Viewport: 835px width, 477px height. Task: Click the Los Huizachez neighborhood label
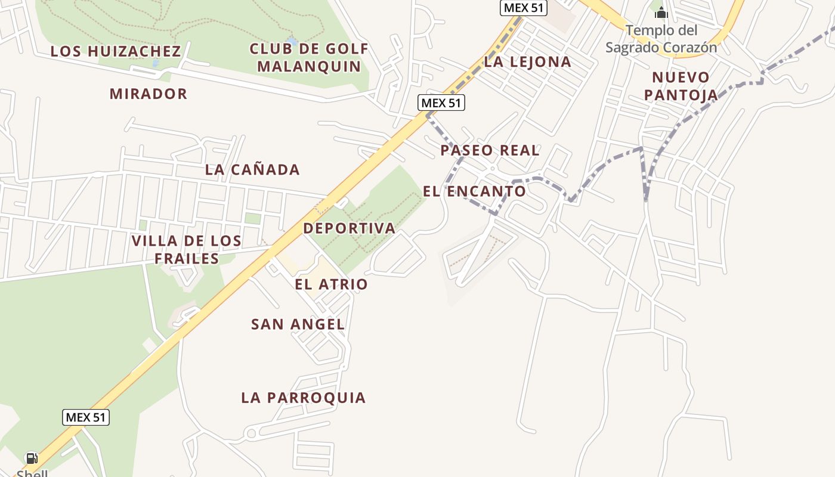tap(115, 51)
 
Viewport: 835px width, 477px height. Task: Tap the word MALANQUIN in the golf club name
tap(310, 66)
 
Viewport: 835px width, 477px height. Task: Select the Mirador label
tap(149, 94)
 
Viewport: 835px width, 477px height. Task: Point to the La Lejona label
tap(527, 61)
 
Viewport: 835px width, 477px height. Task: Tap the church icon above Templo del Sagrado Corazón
tap(661, 12)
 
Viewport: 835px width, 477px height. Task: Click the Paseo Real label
tap(490, 150)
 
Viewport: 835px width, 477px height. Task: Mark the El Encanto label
tap(474, 191)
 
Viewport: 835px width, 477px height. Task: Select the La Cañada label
tap(252, 169)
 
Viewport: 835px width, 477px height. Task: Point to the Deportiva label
tap(349, 228)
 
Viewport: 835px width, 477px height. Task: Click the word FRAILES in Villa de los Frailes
tap(187, 258)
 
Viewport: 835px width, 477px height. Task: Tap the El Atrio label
tap(331, 284)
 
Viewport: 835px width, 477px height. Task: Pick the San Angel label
tap(298, 324)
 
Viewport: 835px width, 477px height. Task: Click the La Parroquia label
tap(303, 398)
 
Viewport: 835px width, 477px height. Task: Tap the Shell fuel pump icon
tap(32, 459)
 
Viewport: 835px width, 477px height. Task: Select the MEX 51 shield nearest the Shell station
tap(86, 417)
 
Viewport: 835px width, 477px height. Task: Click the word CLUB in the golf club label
tap(271, 49)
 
